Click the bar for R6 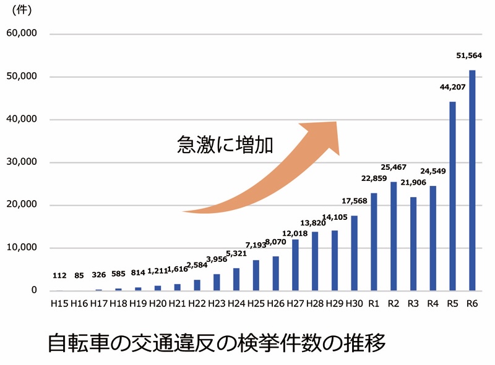(472, 180)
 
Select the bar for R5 (452, 196)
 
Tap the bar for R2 (394, 236)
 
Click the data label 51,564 (468, 56)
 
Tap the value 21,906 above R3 (413, 183)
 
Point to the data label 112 (59, 275)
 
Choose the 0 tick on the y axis (34, 291)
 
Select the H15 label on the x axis (59, 303)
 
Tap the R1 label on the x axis (374, 303)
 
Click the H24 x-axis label (236, 303)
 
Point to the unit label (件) (22, 10)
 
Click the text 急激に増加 (225, 144)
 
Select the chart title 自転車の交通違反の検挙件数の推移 (216, 342)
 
